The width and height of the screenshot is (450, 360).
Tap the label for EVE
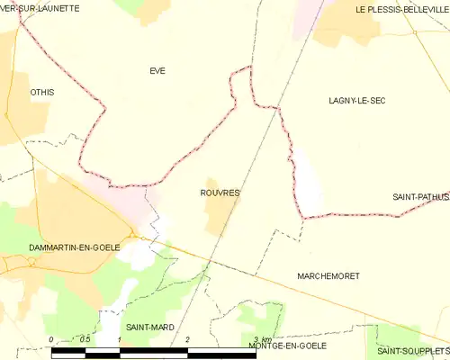[157, 70]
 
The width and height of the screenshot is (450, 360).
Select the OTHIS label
[42, 92]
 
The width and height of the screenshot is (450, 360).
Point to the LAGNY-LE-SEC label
[357, 101]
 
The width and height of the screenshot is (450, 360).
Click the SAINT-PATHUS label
[420, 196]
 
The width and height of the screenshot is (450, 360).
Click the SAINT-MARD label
[149, 327]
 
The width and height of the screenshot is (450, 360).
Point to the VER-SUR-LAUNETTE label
[40, 8]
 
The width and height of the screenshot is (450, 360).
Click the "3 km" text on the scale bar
[262, 339]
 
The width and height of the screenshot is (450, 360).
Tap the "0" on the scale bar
[51, 339]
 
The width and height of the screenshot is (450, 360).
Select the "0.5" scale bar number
[85, 339]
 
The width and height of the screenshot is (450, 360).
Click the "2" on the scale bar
[187, 339]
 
